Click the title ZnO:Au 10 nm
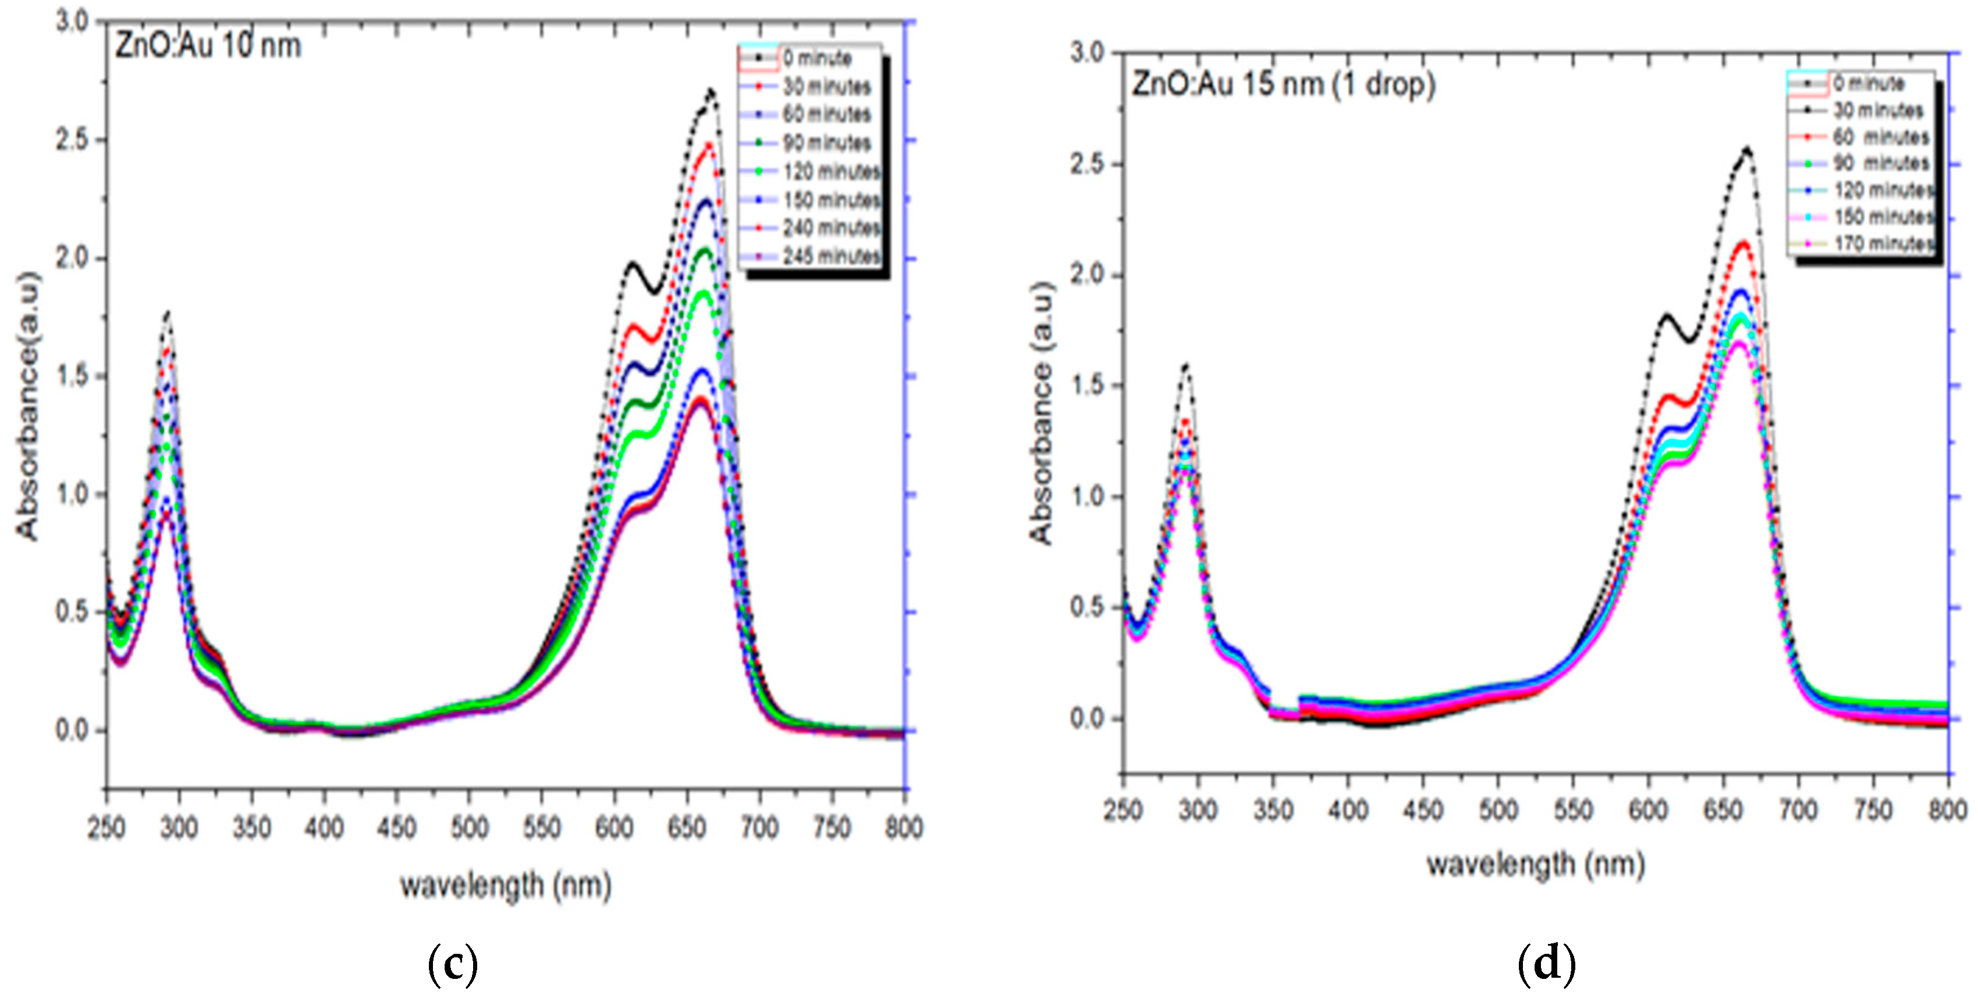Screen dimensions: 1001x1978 [x=208, y=46]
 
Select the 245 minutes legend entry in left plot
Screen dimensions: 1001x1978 [x=832, y=256]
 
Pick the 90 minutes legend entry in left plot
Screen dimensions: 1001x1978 [x=826, y=143]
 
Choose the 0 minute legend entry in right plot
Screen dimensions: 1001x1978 [x=1867, y=83]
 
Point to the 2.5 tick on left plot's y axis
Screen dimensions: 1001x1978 [x=72, y=140]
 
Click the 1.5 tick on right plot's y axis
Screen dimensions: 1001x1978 [x=1087, y=385]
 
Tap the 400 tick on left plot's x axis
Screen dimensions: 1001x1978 [x=324, y=828]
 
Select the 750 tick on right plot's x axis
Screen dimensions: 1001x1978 [x=1873, y=810]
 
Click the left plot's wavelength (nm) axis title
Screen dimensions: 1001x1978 [x=505, y=886]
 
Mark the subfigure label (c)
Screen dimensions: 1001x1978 [x=452, y=963]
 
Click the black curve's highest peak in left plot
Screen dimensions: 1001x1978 [x=711, y=91]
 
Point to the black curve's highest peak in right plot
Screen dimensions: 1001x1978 [x=1747, y=149]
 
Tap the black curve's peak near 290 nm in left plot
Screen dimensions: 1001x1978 [x=166, y=313]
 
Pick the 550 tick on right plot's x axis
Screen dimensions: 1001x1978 [x=1572, y=810]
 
